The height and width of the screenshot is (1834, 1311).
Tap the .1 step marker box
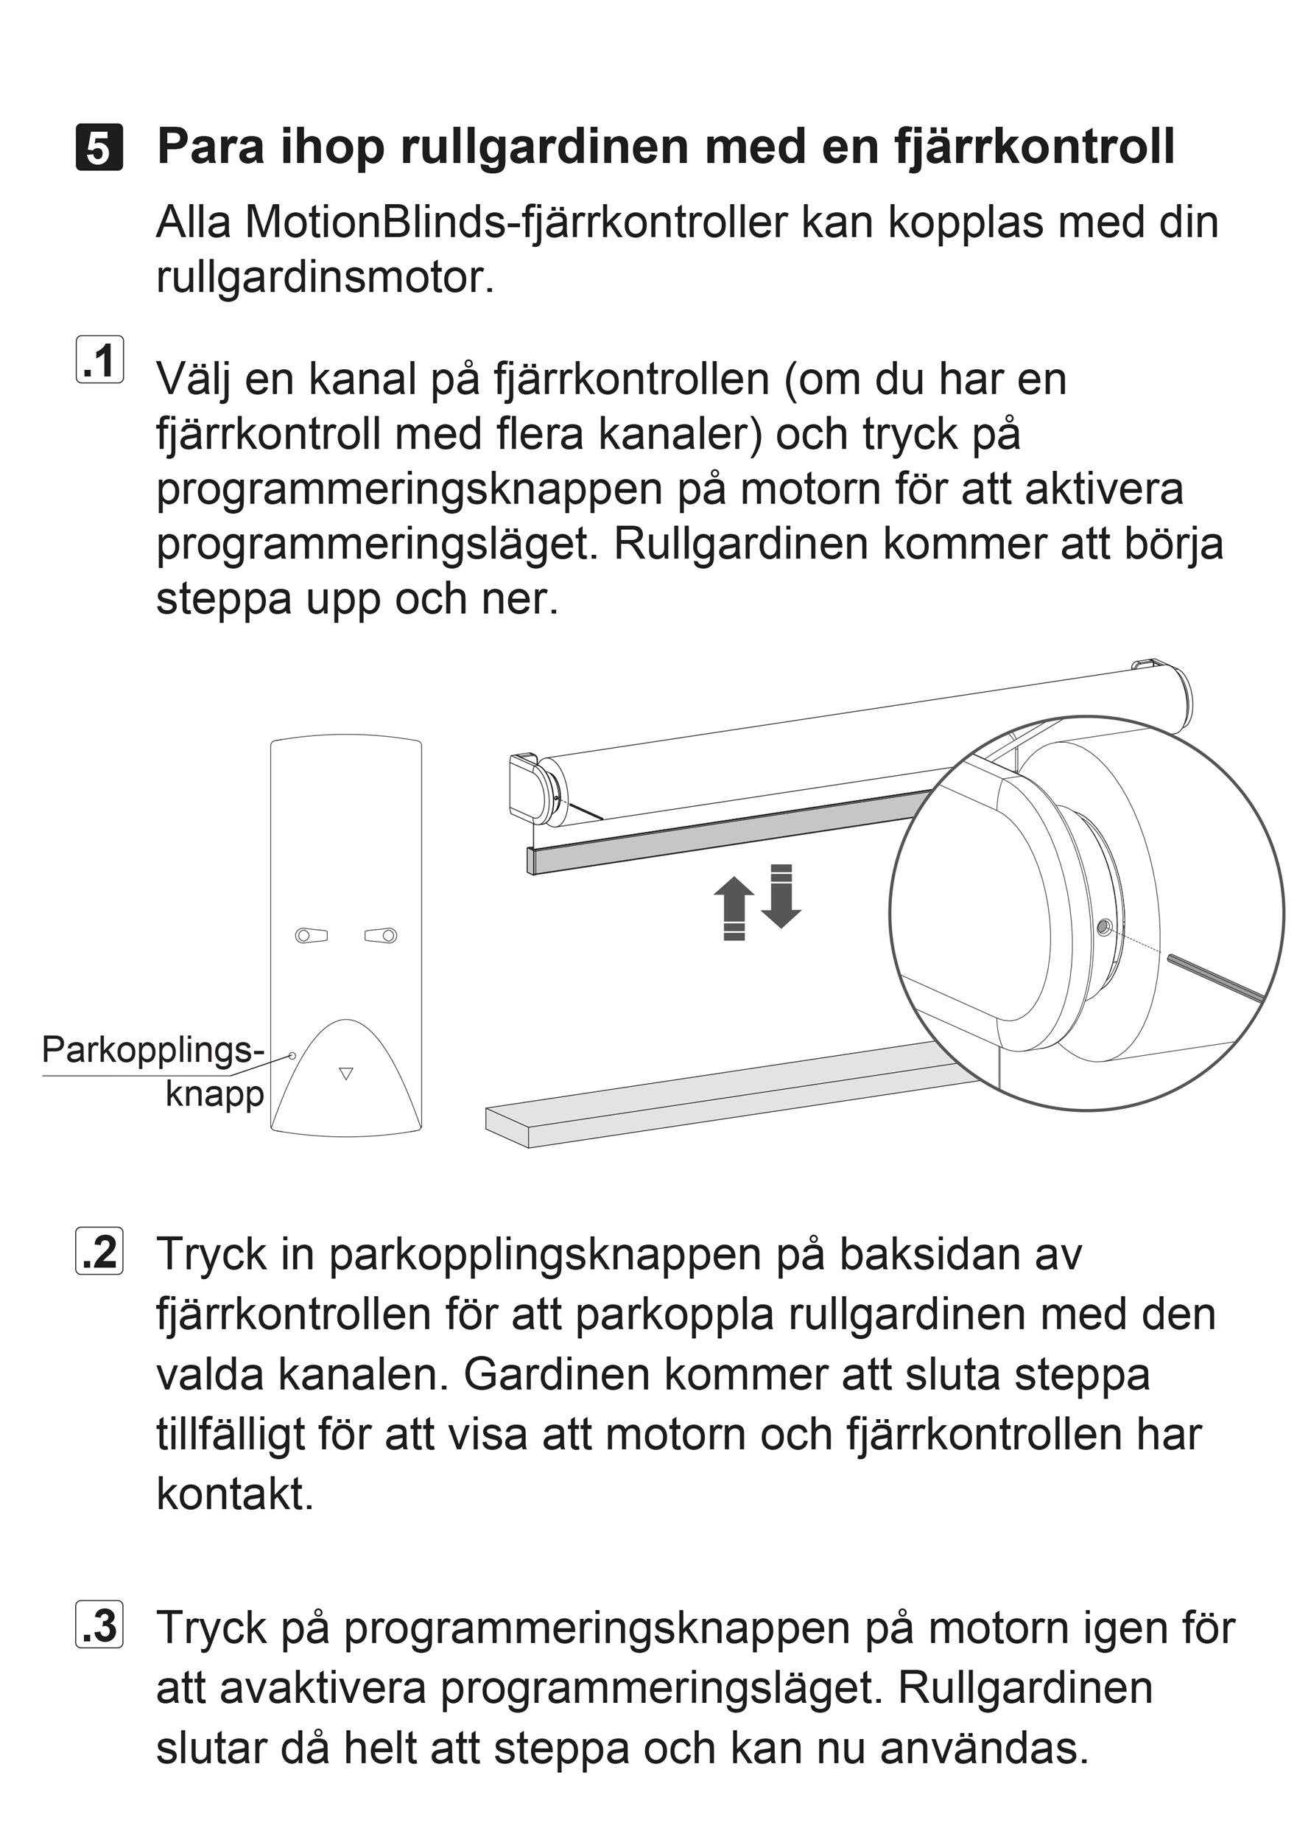click(100, 360)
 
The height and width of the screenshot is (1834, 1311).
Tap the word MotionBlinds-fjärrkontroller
click(515, 222)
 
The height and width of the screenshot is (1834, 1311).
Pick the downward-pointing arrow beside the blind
click(781, 897)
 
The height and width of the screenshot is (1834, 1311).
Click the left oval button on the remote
click(312, 935)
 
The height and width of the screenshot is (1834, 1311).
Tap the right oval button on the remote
click(381, 935)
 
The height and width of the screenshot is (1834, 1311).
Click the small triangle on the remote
click(346, 1074)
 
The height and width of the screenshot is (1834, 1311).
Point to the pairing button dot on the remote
click(292, 1055)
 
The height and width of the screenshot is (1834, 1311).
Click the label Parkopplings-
click(152, 1050)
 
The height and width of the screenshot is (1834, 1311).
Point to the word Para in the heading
click(209, 146)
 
